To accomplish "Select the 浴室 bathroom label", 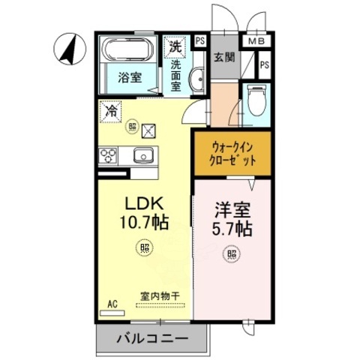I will (130, 77).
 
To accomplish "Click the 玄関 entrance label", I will (223, 55).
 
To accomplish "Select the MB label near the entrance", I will (256, 42).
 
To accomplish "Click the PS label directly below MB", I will (264, 65).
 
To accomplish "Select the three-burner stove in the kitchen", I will (107, 156).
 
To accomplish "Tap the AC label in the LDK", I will (112, 304).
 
